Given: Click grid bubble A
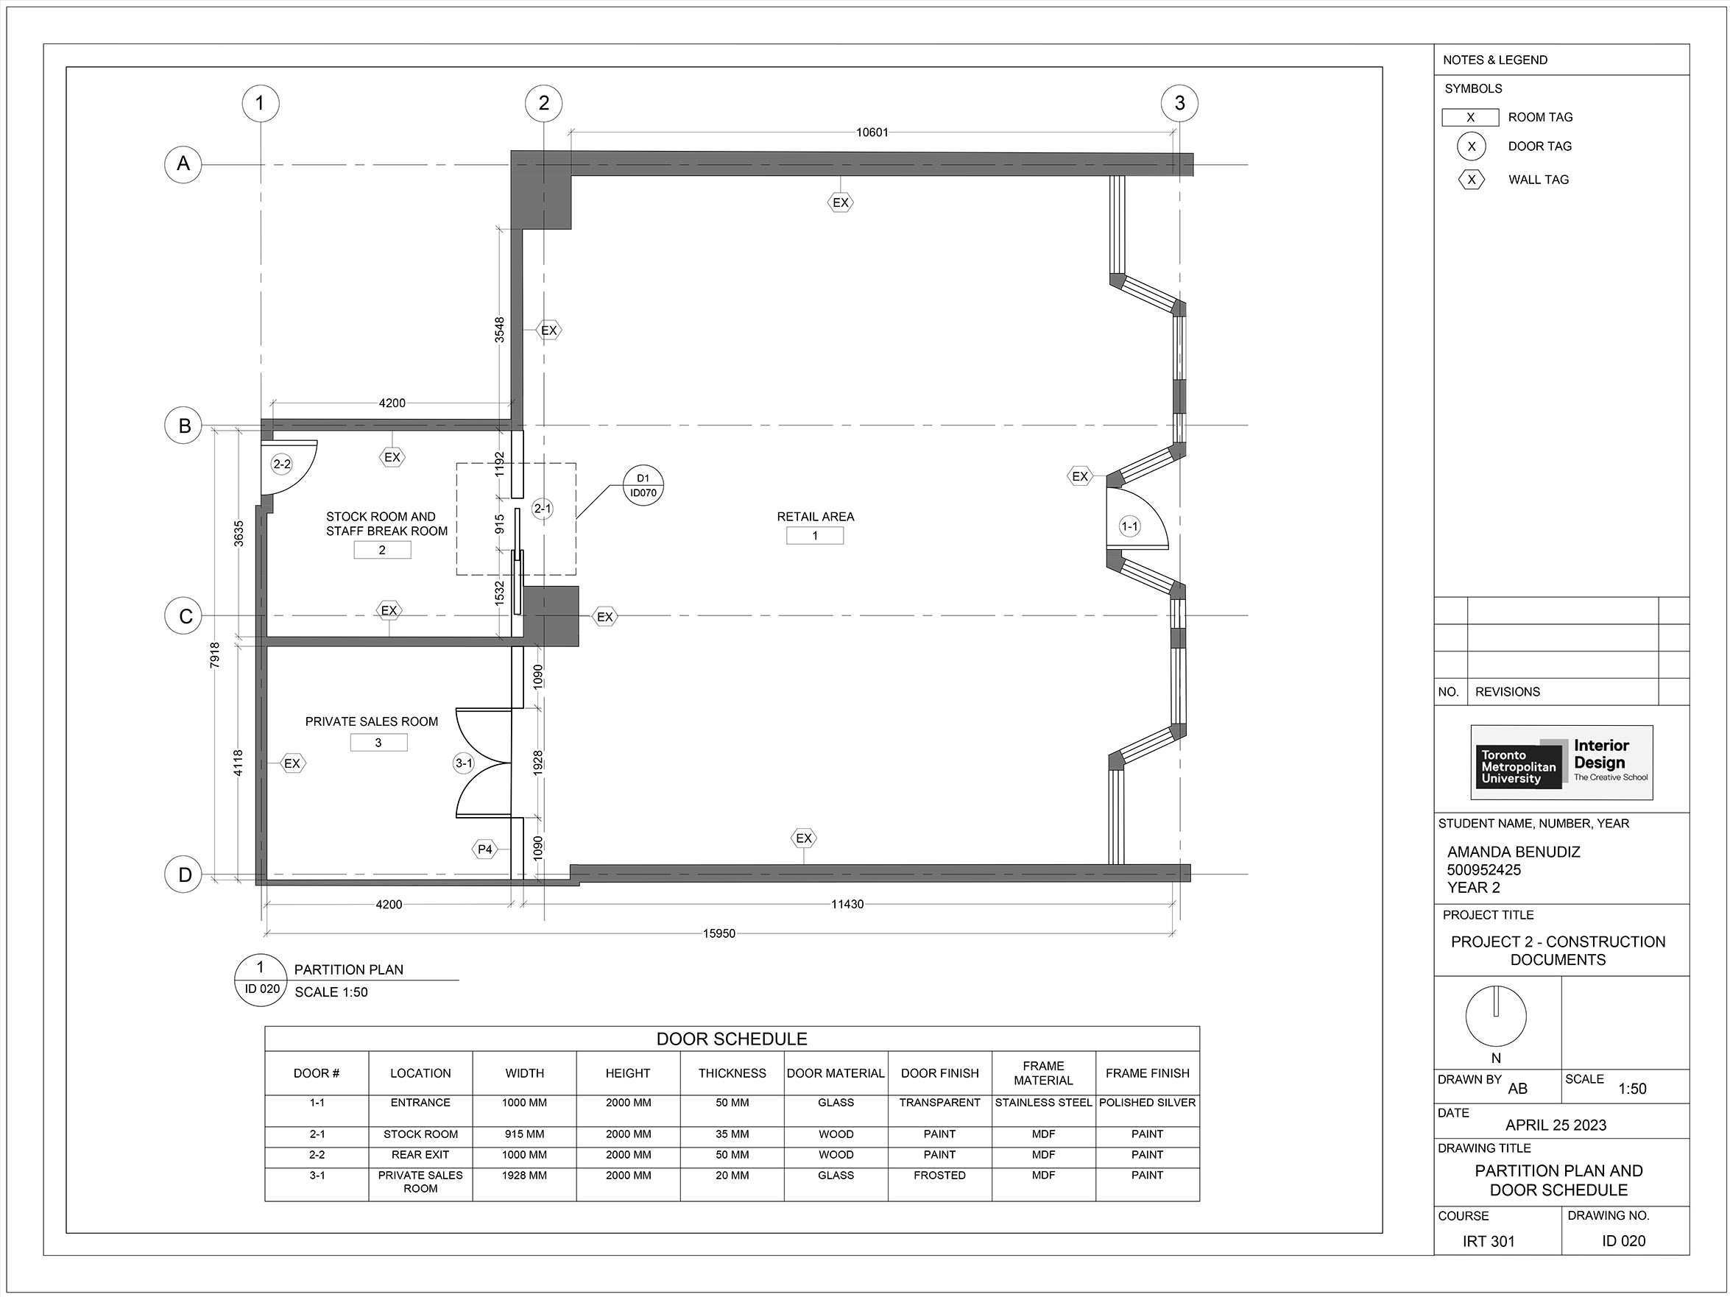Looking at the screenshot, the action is point(183,163).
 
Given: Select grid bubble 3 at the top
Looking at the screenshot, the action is point(1179,103).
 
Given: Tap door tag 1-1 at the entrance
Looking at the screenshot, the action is point(1129,526).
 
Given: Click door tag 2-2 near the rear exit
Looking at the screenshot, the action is point(281,464).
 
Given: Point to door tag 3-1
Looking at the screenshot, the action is point(464,763).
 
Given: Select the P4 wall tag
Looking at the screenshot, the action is point(485,849).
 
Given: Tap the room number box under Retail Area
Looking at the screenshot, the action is point(815,536).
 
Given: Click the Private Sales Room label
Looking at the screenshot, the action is point(372,721).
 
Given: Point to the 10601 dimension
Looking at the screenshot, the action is point(872,132).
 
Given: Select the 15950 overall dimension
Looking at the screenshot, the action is point(719,933).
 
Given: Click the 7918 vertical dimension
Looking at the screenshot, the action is point(214,655).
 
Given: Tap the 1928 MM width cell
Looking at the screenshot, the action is point(524,1175).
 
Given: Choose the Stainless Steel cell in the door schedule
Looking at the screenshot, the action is point(1043,1103).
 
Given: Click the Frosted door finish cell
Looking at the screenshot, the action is point(939,1175).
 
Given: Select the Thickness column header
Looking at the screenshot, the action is point(732,1073).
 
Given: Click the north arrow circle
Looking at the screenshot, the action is point(1495,1017).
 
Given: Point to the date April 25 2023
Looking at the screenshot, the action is point(1556,1125).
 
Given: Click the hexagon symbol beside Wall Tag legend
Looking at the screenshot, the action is point(1471,180).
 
